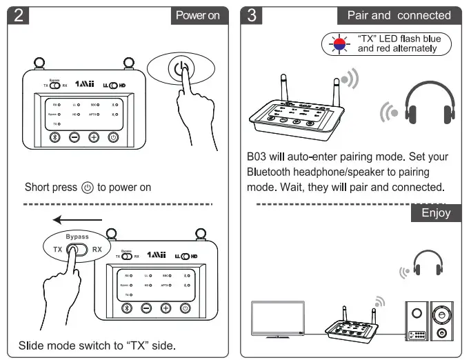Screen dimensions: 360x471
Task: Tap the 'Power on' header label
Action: [199, 15]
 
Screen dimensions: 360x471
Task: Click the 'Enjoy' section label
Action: [436, 213]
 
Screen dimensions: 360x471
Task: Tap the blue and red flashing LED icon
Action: [338, 44]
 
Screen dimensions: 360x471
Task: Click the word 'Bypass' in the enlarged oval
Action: [77, 237]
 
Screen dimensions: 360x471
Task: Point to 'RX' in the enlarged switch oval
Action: [97, 250]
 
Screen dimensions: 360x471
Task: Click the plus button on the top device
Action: [94, 137]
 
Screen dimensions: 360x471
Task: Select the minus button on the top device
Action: [74, 137]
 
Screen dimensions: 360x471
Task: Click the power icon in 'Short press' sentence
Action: [87, 188]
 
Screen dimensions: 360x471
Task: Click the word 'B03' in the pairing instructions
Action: [257, 157]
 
